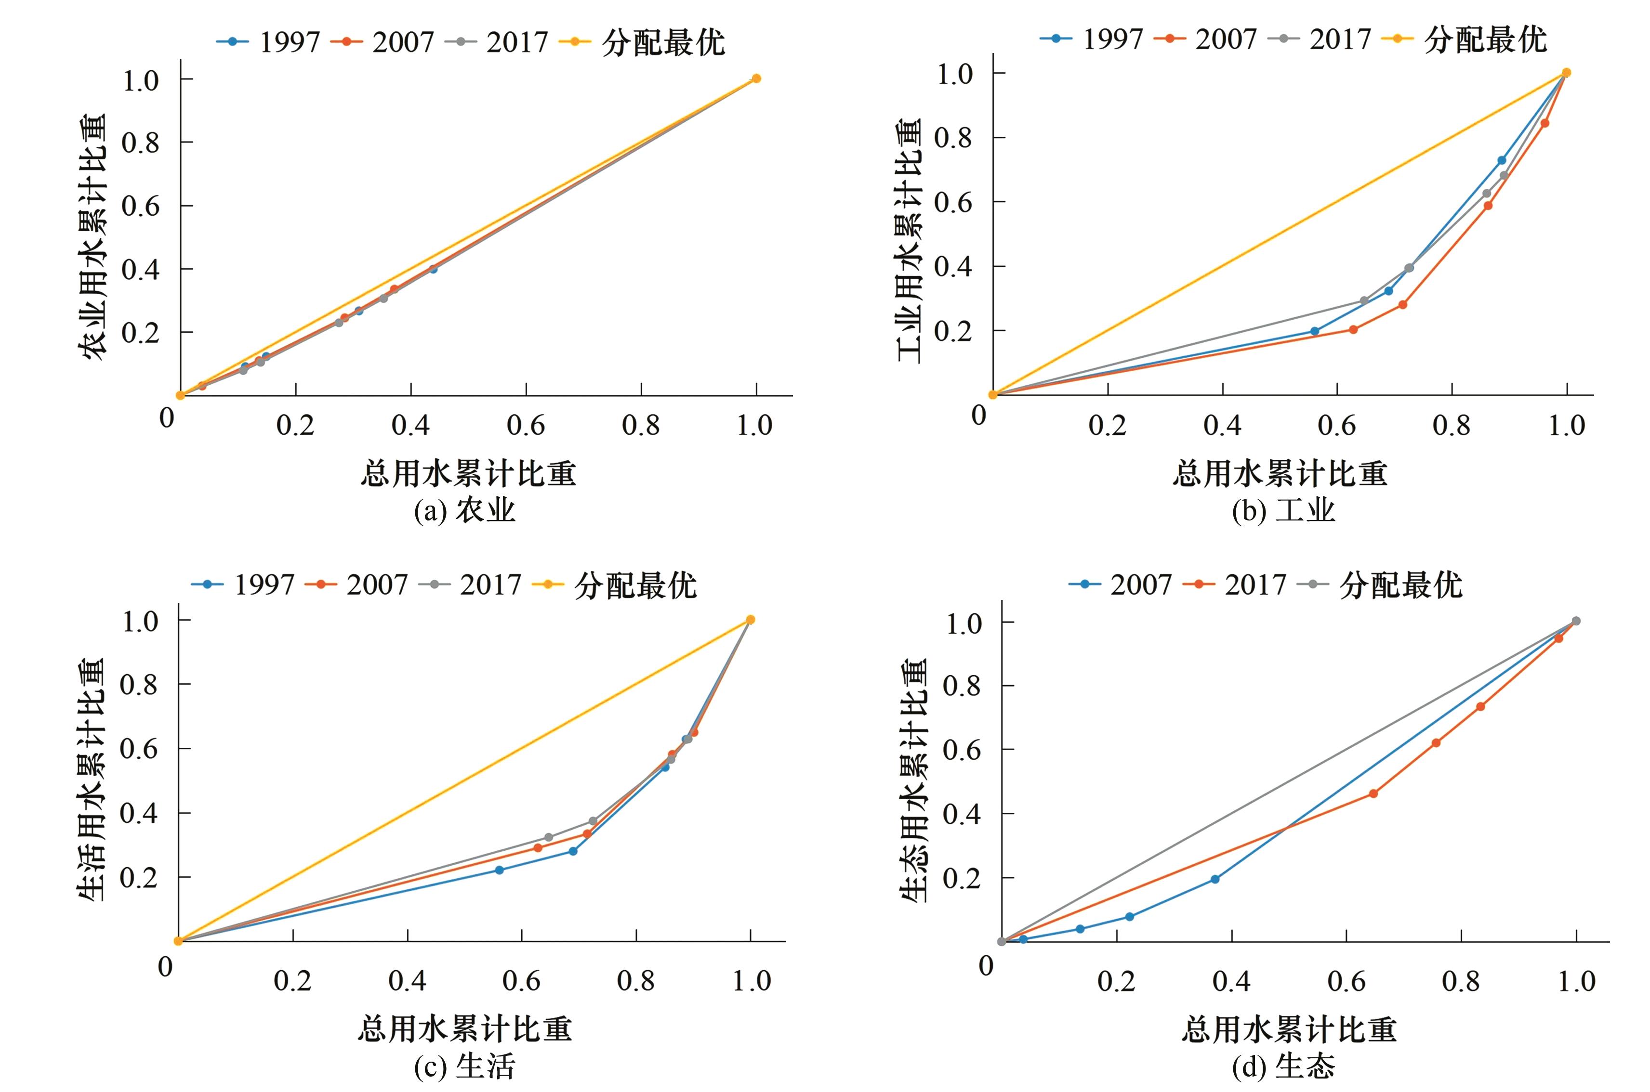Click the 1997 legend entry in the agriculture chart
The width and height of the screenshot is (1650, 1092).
[x=268, y=42]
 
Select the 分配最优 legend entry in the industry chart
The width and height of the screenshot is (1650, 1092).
[x=1467, y=39]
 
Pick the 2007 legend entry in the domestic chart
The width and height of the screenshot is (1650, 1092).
[x=359, y=585]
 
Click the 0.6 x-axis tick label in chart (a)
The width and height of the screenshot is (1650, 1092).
[x=526, y=425]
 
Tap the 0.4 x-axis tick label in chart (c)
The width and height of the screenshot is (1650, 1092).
[x=407, y=981]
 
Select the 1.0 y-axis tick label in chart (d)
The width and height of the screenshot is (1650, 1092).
[x=963, y=623]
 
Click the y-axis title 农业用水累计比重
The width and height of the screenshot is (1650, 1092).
[x=92, y=237]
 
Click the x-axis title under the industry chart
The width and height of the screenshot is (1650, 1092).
[x=1280, y=474]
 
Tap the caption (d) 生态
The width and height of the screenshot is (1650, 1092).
[x=1283, y=1066]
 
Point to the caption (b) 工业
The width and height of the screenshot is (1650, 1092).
[x=1283, y=510]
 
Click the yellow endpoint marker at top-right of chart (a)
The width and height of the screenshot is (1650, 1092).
[x=756, y=78]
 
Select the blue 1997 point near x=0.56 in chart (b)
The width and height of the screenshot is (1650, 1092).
[x=1315, y=331]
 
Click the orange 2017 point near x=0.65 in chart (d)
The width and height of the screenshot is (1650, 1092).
[x=1373, y=793]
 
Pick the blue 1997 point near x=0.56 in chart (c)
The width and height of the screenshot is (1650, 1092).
[x=499, y=870]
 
